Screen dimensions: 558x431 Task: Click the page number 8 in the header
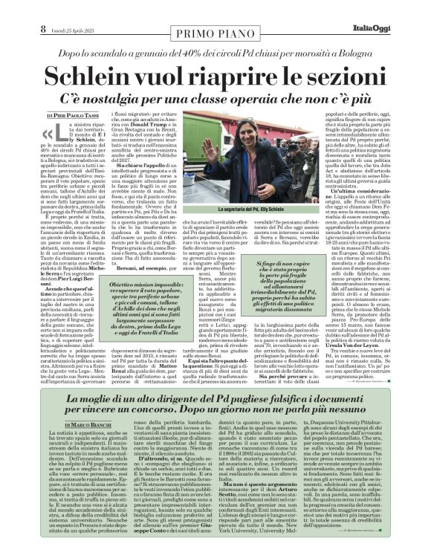[12, 8]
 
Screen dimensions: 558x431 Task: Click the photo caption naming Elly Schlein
[263, 210]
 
